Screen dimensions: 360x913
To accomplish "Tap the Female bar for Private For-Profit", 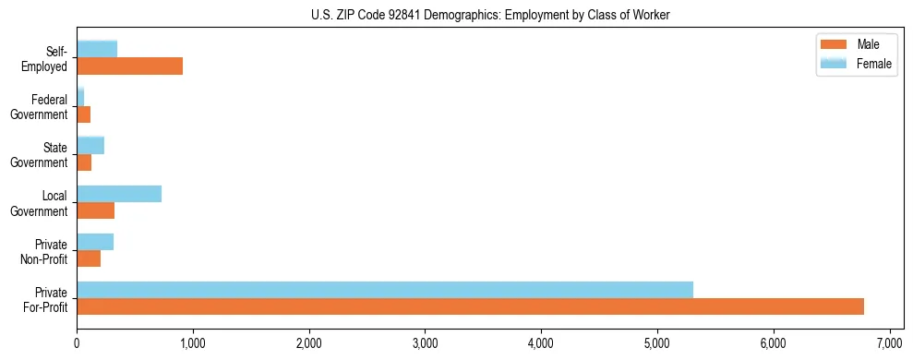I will tap(384, 290).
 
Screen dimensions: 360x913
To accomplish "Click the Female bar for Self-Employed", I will tap(97, 49).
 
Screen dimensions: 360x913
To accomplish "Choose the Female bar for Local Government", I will tap(119, 194).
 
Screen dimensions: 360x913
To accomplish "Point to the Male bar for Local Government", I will tap(95, 210).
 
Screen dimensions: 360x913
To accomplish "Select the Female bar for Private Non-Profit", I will tap(95, 242).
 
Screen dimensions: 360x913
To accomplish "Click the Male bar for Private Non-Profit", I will tap(89, 258).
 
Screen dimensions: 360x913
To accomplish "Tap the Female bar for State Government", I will tap(90, 146).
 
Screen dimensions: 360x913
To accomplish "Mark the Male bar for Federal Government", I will tap(83, 114).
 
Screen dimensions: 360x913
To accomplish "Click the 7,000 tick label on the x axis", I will tap(889, 342).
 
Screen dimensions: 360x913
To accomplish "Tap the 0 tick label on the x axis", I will tap(77, 342).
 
